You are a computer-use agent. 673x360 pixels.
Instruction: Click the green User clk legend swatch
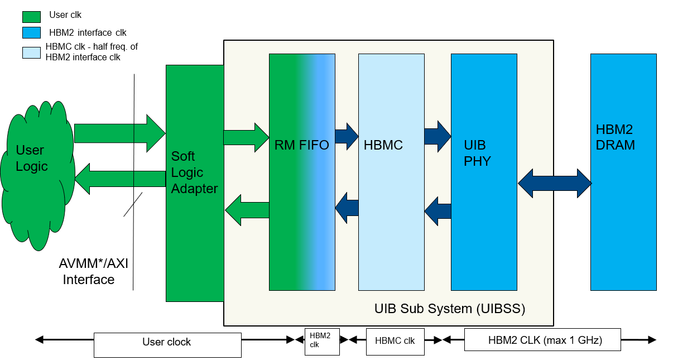pyautogui.click(x=31, y=17)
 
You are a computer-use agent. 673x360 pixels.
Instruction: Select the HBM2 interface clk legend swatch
pyautogui.click(x=31, y=32)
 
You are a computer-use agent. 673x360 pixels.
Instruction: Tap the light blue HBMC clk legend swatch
pyautogui.click(x=31, y=52)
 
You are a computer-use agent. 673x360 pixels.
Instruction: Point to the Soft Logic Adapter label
pyautogui.click(x=194, y=172)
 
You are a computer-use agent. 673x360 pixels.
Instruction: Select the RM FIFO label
pyautogui.click(x=301, y=146)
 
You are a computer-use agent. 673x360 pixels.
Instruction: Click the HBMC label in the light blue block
pyautogui.click(x=383, y=146)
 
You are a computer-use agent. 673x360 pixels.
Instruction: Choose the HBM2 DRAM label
pyautogui.click(x=615, y=137)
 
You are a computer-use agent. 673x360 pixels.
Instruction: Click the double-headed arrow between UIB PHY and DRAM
pyautogui.click(x=555, y=183)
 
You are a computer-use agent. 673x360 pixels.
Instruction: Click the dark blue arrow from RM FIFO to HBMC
pyautogui.click(x=347, y=137)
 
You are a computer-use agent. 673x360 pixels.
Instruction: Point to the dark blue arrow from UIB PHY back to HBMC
pyautogui.click(x=438, y=210)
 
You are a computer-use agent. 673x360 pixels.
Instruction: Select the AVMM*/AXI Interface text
pyautogui.click(x=93, y=271)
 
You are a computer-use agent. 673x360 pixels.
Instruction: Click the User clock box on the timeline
pyautogui.click(x=167, y=342)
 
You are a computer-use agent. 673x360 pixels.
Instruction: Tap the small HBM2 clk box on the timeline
pyautogui.click(x=321, y=340)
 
